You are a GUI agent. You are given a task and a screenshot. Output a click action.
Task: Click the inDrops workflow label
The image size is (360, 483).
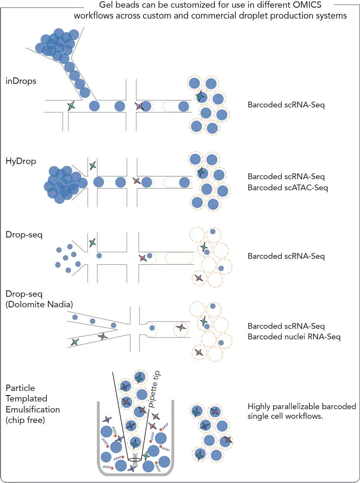(x=21, y=81)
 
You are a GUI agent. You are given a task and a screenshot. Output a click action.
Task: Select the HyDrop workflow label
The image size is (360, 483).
(x=21, y=161)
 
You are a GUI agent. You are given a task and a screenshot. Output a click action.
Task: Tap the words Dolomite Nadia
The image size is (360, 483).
(x=39, y=304)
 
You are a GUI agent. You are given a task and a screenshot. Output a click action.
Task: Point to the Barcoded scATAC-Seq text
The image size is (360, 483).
(x=288, y=188)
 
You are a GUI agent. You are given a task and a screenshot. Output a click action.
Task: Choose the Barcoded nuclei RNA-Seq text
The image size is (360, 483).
(x=294, y=337)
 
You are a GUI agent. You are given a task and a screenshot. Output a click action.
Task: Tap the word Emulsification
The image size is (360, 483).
(x=33, y=409)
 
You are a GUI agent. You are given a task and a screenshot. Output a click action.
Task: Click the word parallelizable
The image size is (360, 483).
(x=293, y=406)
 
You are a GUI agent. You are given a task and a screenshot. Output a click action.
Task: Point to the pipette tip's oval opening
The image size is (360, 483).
(x=135, y=460)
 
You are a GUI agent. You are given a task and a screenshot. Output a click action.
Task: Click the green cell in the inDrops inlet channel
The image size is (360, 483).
(x=71, y=106)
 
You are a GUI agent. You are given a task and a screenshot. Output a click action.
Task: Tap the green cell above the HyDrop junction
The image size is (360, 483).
(x=93, y=165)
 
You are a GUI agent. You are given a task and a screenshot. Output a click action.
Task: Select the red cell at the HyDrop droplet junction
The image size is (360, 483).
(x=137, y=181)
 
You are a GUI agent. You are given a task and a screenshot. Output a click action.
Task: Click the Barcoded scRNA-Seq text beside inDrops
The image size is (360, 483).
(x=286, y=105)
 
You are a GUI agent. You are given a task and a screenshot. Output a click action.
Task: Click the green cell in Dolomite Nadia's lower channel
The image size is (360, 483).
(x=75, y=342)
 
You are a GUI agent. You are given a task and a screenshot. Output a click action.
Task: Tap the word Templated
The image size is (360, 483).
(x=26, y=399)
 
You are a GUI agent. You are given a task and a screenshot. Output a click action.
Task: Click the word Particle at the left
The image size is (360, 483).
(x=20, y=388)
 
